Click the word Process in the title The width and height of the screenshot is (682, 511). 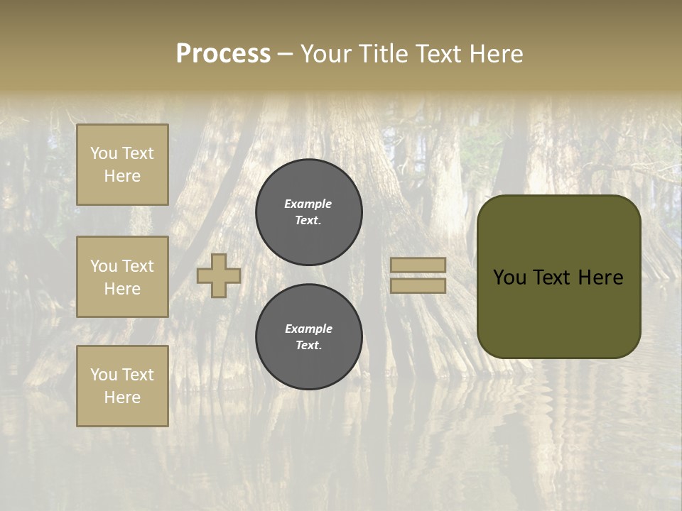pyautogui.click(x=223, y=54)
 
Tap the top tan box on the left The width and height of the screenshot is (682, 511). pyautogui.click(x=122, y=165)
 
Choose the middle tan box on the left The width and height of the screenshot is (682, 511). pyautogui.click(x=122, y=277)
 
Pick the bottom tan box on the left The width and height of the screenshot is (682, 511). pyautogui.click(x=122, y=385)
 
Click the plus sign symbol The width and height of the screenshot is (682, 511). pyautogui.click(x=219, y=275)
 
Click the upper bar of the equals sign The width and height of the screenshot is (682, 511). pyautogui.click(x=418, y=265)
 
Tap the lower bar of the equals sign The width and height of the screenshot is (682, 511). pyautogui.click(x=418, y=285)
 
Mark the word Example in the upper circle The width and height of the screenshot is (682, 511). pyautogui.click(x=308, y=204)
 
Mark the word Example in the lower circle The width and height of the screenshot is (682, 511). pyautogui.click(x=308, y=329)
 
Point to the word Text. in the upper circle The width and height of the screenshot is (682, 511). pyautogui.click(x=308, y=220)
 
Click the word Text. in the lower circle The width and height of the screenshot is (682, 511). pyautogui.click(x=308, y=345)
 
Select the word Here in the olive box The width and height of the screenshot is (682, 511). pyautogui.click(x=600, y=278)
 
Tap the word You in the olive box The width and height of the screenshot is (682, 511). pyautogui.click(x=509, y=278)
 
